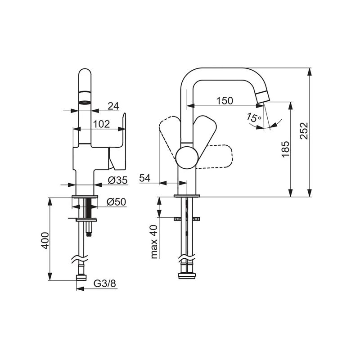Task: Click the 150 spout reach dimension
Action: [x=225, y=100]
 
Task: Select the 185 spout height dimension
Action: [x=285, y=149]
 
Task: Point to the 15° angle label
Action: [x=254, y=117]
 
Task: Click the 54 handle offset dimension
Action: [x=144, y=178]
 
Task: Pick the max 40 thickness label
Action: [x=154, y=242]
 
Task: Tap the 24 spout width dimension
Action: [x=113, y=106]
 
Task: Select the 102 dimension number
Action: [x=102, y=124]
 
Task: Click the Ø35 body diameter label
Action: [x=117, y=180]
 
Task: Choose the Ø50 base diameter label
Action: [x=117, y=202]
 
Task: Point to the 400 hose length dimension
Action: [x=45, y=241]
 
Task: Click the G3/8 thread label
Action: [x=105, y=283]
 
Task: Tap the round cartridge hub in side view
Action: [x=187, y=158]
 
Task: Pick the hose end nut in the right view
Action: [x=187, y=276]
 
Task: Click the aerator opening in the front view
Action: [x=85, y=102]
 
